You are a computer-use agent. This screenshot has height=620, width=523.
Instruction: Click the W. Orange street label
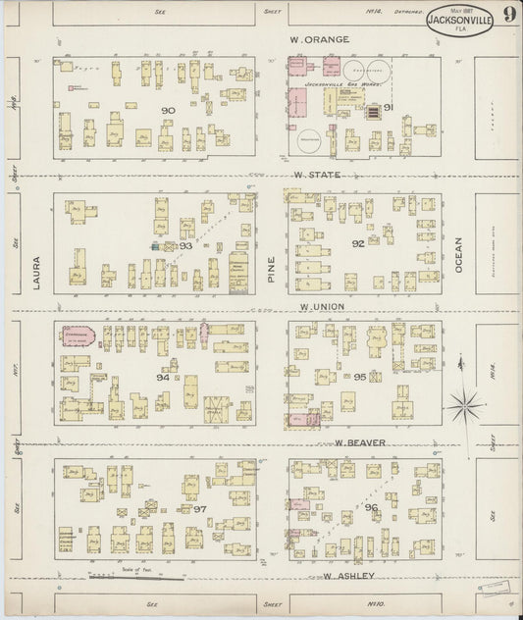point(320,40)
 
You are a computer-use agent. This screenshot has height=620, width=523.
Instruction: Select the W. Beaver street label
point(357,442)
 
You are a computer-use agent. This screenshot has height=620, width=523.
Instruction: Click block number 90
point(168,111)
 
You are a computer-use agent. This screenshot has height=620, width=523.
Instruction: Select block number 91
point(388,106)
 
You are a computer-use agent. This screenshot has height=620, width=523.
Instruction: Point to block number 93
point(185,246)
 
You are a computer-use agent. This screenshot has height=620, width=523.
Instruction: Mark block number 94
point(163,376)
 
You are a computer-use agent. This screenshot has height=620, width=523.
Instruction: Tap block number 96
point(371,507)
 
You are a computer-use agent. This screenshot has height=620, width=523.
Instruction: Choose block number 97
point(199,510)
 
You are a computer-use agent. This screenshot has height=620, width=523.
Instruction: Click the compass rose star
point(463,403)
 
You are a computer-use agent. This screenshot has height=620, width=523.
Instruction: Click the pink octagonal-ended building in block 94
point(79,336)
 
